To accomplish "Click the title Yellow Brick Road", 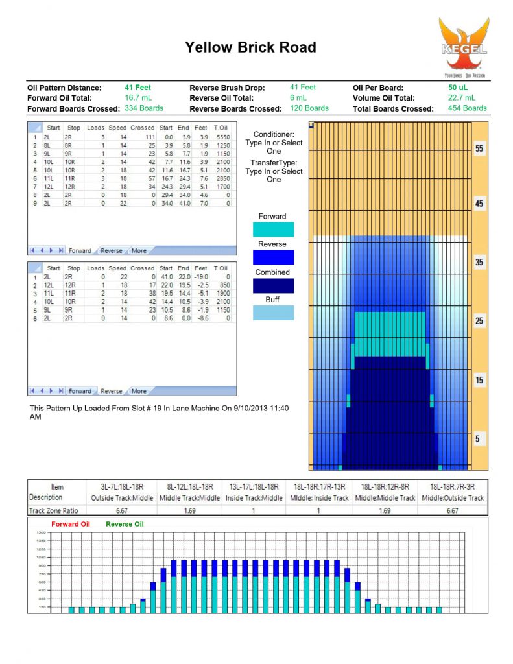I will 250,47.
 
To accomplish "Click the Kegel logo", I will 462,45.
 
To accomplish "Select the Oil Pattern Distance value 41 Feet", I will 137,88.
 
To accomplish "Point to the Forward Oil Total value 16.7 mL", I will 137,98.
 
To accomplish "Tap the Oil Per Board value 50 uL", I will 457,88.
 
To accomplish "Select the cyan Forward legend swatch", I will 272,230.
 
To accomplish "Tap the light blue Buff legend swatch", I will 272,313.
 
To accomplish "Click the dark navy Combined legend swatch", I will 272,285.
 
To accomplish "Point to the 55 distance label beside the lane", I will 479,148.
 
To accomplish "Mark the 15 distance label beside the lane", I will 479,380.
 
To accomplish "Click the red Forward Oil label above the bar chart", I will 71,524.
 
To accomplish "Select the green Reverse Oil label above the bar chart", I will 125,524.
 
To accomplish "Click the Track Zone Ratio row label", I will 55,510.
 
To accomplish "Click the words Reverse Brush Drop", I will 235,88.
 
